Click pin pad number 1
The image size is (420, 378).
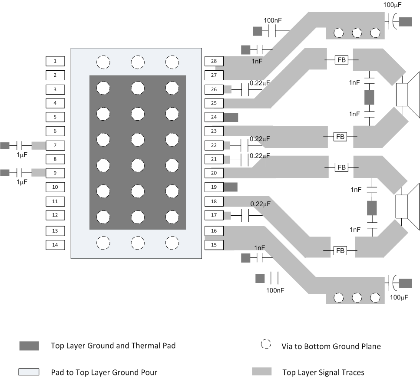[55, 62]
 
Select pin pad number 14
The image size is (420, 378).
[55, 245]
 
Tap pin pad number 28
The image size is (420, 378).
[214, 62]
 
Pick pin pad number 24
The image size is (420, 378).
[214, 117]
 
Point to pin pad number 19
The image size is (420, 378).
[214, 187]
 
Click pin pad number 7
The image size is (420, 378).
[55, 145]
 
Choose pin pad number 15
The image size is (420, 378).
[214, 245]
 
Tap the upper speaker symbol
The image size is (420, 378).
[407, 95]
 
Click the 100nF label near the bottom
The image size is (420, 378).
[276, 289]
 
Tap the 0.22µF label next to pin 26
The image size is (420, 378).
[260, 82]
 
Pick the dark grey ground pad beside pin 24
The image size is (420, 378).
[231, 117]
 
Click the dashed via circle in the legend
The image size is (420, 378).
[266, 345]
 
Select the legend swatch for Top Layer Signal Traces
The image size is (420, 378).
[261, 371]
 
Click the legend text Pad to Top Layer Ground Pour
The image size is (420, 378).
[104, 372]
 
